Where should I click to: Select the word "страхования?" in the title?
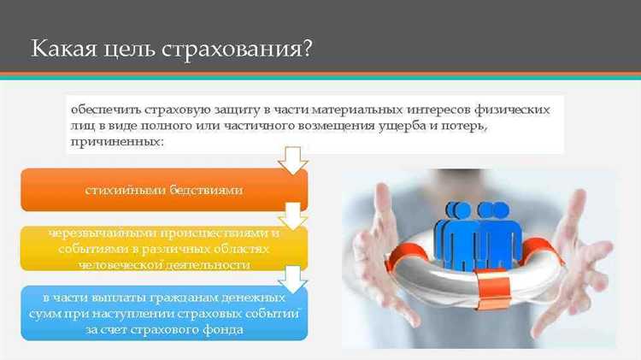[241, 49]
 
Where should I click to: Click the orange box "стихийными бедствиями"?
[163, 190]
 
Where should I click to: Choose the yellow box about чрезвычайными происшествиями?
[163, 249]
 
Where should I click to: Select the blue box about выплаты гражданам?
[163, 313]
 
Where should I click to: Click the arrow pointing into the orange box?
[293, 159]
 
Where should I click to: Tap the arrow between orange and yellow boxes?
[293, 215]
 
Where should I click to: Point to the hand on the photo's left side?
[376, 248]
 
